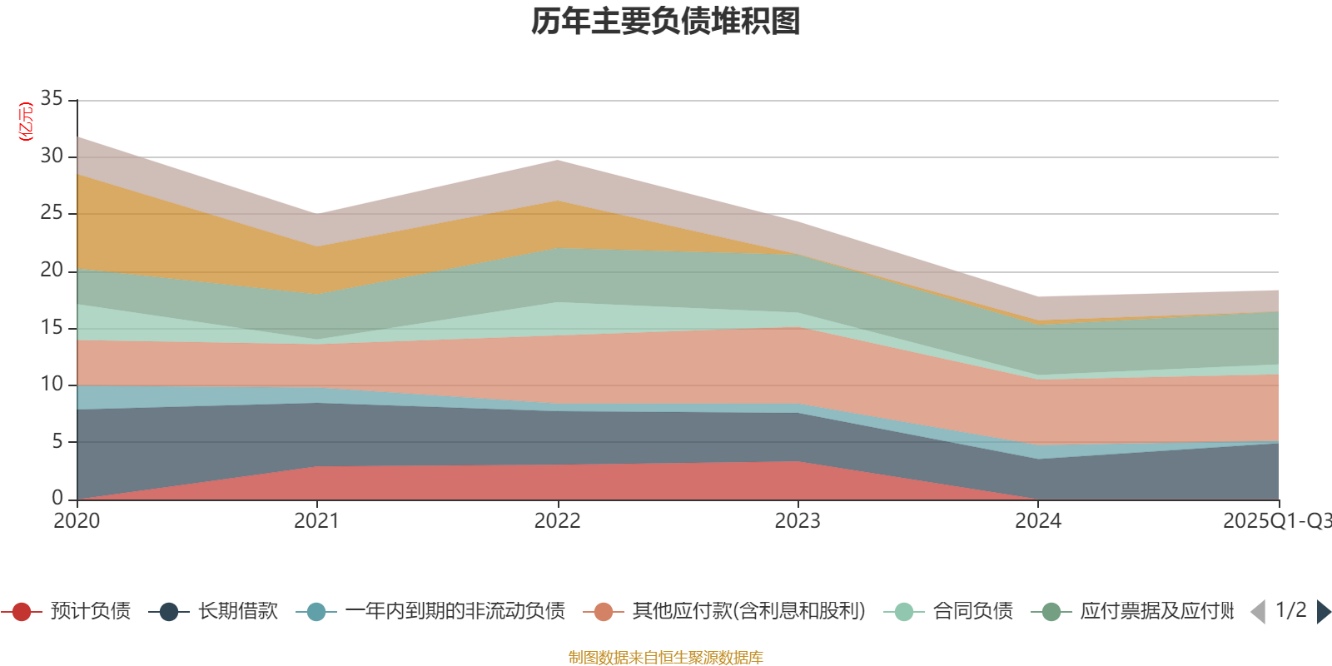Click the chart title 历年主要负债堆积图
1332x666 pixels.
(x=666, y=22)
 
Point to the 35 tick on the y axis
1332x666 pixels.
(x=52, y=99)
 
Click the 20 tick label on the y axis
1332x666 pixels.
(x=52, y=271)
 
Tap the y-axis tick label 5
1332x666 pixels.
(x=57, y=441)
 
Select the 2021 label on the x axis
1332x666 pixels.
(x=316, y=521)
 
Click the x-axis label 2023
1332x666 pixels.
(x=798, y=521)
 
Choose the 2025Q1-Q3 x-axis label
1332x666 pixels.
(x=1276, y=521)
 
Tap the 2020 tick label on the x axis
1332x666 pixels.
(x=77, y=521)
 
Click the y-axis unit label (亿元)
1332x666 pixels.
(x=26, y=122)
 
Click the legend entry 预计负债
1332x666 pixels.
(x=90, y=612)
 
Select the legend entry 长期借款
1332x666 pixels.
(x=237, y=612)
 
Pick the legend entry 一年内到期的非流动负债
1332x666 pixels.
(x=455, y=612)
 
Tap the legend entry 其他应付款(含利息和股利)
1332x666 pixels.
(x=748, y=612)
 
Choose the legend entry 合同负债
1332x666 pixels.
(x=972, y=612)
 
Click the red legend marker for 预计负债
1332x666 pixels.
(x=22, y=612)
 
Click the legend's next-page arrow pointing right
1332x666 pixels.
(x=1324, y=612)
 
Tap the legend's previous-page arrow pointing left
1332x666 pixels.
(x=1258, y=612)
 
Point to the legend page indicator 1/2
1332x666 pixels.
(x=1290, y=610)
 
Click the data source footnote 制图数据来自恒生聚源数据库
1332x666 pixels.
(x=666, y=658)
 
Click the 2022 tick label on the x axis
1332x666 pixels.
(x=557, y=521)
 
